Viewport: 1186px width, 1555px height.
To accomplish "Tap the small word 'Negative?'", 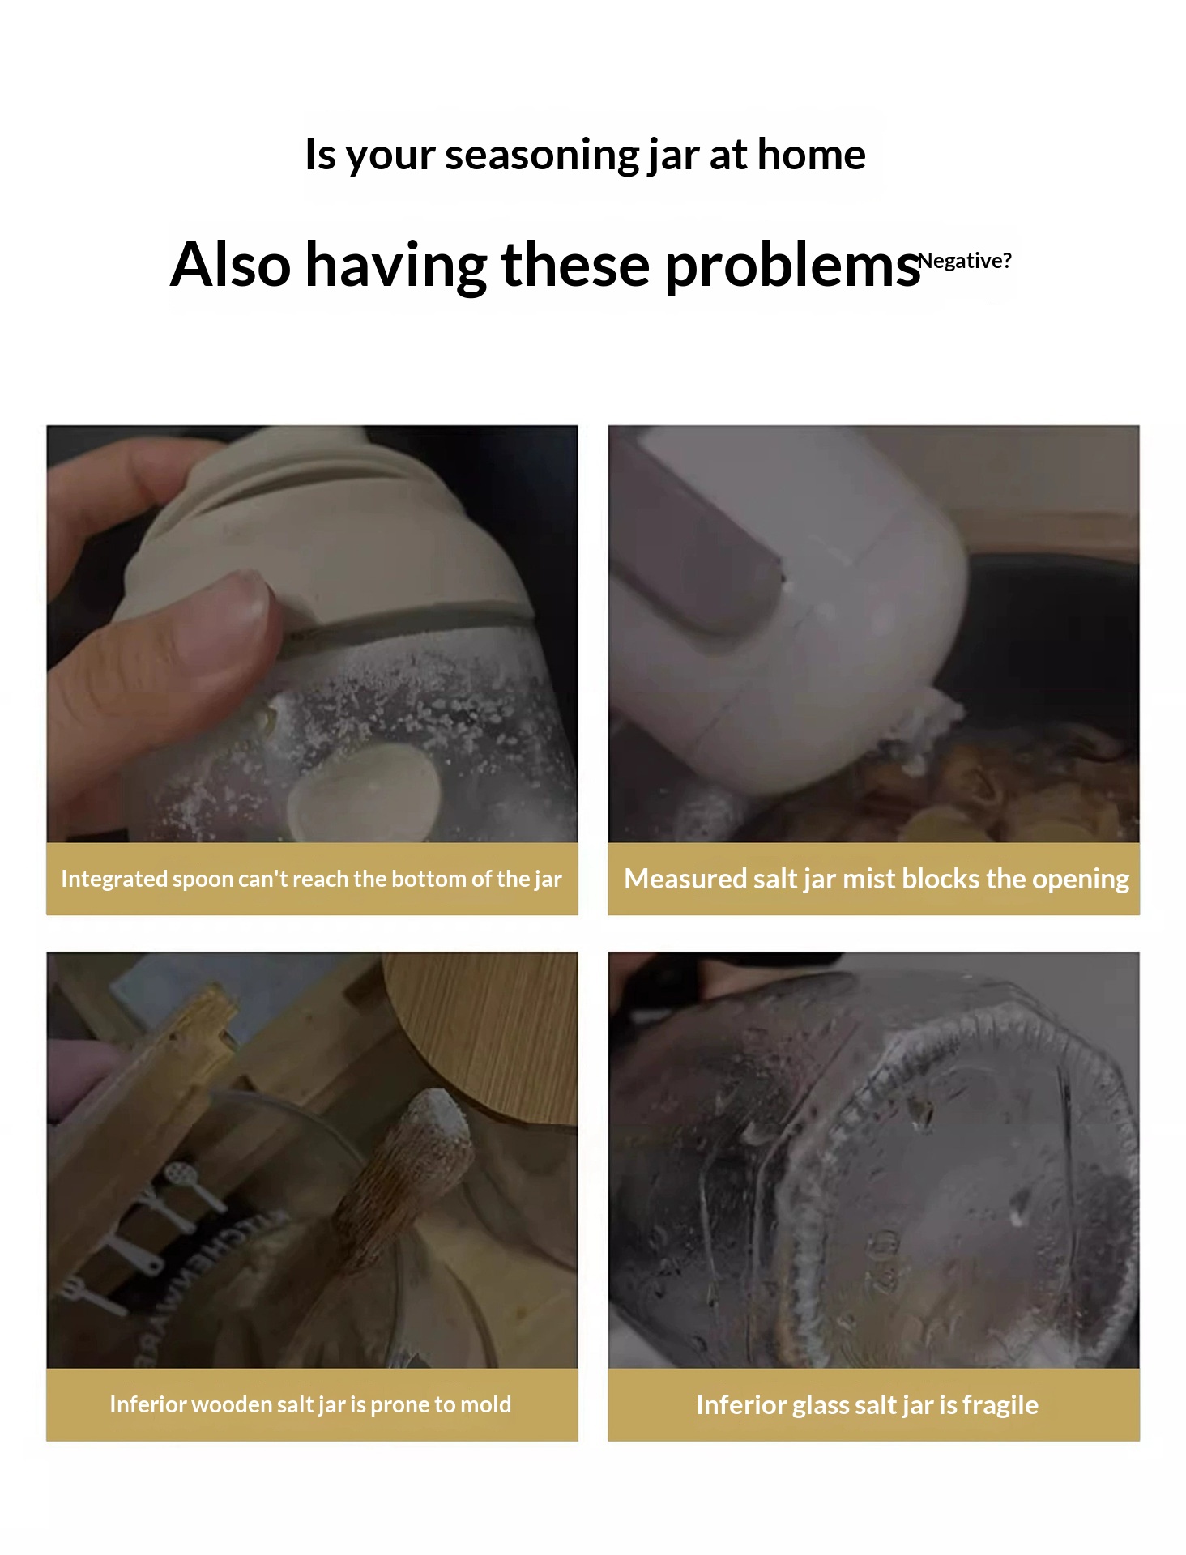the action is [965, 261].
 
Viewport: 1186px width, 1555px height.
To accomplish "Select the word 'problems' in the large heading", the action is [793, 266].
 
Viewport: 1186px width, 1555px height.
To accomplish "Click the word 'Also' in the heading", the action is [230, 264].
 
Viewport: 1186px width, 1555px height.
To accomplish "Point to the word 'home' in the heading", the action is [811, 154].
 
